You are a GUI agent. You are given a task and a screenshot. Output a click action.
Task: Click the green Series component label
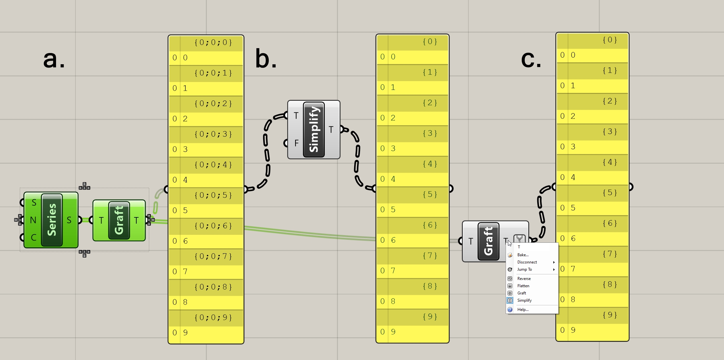pyautogui.click(x=52, y=220)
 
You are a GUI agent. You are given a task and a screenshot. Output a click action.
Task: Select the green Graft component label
pyautogui.click(x=119, y=220)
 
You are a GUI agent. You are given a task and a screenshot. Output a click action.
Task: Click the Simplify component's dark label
pyautogui.click(x=314, y=129)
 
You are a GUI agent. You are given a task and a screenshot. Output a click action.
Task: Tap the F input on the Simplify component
pyautogui.click(x=296, y=143)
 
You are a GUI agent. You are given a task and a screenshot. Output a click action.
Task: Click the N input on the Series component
pyautogui.click(x=33, y=220)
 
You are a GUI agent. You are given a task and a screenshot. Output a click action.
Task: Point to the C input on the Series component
pyautogui.click(x=33, y=237)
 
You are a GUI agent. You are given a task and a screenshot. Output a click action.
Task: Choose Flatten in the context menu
pyautogui.click(x=523, y=286)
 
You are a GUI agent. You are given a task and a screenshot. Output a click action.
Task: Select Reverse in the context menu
pyautogui.click(x=524, y=279)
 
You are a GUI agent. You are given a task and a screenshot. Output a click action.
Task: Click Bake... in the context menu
pyautogui.click(x=523, y=255)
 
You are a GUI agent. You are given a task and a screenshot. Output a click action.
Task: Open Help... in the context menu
pyautogui.click(x=523, y=310)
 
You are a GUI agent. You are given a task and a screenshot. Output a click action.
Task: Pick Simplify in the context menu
pyautogui.click(x=525, y=300)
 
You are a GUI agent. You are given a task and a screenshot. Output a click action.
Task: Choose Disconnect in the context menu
pyautogui.click(x=527, y=262)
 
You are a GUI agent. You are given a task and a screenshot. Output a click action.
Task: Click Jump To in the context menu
pyautogui.click(x=525, y=269)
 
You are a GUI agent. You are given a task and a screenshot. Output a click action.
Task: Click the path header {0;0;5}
pyautogui.click(x=213, y=195)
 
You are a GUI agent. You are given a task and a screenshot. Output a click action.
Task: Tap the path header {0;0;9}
pyautogui.click(x=213, y=318)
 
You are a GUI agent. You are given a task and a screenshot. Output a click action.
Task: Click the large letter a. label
pyautogui.click(x=54, y=59)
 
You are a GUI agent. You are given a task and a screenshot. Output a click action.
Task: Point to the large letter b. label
pyautogui.click(x=266, y=59)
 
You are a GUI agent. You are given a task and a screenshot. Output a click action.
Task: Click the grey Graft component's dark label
pyautogui.click(x=488, y=241)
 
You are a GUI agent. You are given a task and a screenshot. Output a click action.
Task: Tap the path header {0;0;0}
pyautogui.click(x=213, y=42)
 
